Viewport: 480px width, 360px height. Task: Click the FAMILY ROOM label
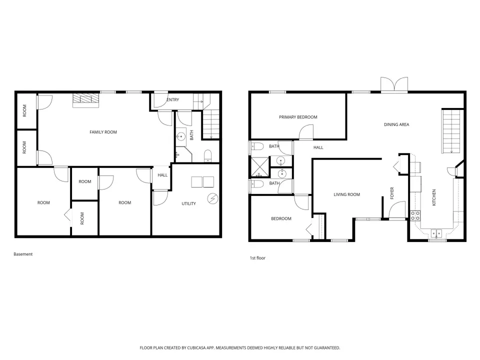click(103, 132)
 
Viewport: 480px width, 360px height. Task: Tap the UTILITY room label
click(188, 203)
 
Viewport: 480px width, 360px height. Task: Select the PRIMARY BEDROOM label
click(298, 117)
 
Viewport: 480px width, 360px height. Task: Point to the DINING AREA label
click(396, 124)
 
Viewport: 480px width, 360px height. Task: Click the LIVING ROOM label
click(347, 194)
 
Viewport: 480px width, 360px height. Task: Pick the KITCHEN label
click(434, 197)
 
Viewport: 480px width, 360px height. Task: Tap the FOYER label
click(392, 193)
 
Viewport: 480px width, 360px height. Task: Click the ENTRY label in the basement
click(173, 100)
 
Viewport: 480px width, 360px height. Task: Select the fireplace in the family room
click(85, 100)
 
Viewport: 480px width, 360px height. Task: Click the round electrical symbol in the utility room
click(212, 198)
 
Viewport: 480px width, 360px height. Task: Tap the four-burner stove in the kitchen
click(415, 215)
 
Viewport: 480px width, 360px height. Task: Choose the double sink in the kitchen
click(436, 233)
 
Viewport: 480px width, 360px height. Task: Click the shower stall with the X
click(260, 167)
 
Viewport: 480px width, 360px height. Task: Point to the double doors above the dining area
click(394, 84)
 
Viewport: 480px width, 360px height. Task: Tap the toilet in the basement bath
click(207, 155)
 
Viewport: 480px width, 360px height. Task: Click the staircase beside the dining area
click(451, 131)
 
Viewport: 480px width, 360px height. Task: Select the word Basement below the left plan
click(23, 254)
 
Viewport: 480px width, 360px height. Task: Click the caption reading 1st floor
click(257, 258)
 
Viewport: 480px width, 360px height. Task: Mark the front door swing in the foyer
click(397, 209)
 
